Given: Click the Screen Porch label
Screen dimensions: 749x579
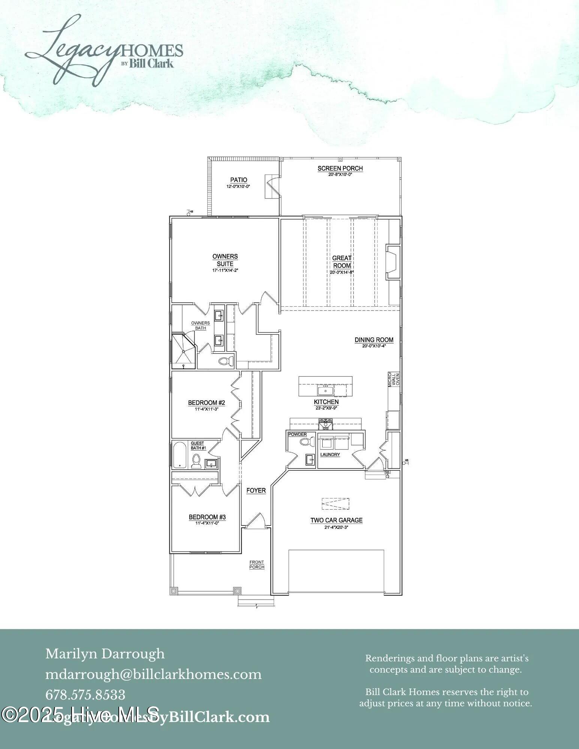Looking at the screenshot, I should (340, 169).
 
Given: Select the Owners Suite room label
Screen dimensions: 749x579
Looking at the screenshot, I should (225, 260).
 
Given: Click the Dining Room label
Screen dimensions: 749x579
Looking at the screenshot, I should (374, 340).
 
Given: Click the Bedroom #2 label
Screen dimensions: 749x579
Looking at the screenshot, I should (206, 403).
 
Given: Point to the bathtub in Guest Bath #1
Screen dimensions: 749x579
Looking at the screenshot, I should (180, 455).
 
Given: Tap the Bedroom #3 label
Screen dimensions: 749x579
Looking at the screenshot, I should (207, 517).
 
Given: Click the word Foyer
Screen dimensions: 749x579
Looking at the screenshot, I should (256, 490).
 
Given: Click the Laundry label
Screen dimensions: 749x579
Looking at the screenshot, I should (330, 455).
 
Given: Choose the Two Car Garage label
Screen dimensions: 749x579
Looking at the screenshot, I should (336, 520).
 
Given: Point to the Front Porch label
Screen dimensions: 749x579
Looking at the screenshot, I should (257, 565).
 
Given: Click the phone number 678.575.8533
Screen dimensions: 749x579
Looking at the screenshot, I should (85, 695).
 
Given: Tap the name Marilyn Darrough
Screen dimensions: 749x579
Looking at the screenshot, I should (105, 654).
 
